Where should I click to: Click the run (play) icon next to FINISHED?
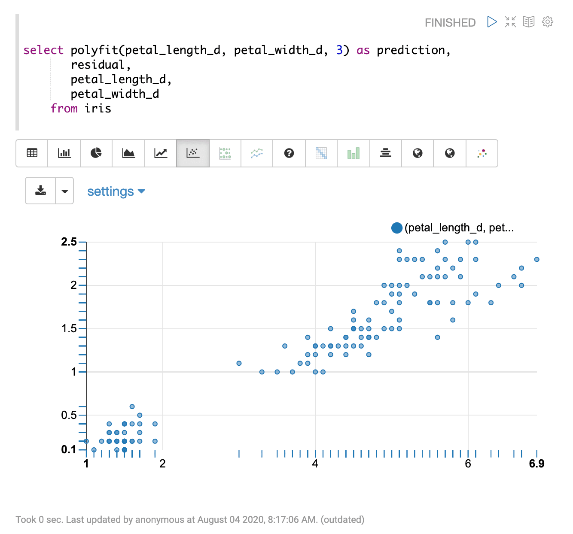(x=492, y=22)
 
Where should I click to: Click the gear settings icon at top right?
(x=547, y=22)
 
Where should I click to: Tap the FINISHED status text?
(x=450, y=23)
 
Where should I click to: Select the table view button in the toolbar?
(x=32, y=153)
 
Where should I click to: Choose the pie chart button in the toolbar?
(x=96, y=153)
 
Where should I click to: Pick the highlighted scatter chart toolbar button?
(x=193, y=153)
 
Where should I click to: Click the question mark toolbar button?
(x=289, y=153)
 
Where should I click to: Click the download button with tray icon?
(x=41, y=191)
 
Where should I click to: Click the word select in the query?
(x=43, y=50)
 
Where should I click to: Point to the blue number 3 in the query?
(x=339, y=50)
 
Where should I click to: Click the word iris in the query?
(x=98, y=109)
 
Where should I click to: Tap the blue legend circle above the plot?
(x=397, y=228)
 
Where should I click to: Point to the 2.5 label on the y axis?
(x=69, y=242)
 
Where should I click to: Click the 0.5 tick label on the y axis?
(x=69, y=415)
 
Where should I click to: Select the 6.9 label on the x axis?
(x=536, y=464)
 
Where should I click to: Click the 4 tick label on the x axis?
(x=315, y=464)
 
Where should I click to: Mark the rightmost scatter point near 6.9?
(x=536, y=259)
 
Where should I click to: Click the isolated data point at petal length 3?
(x=239, y=363)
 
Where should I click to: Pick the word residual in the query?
(x=98, y=65)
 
